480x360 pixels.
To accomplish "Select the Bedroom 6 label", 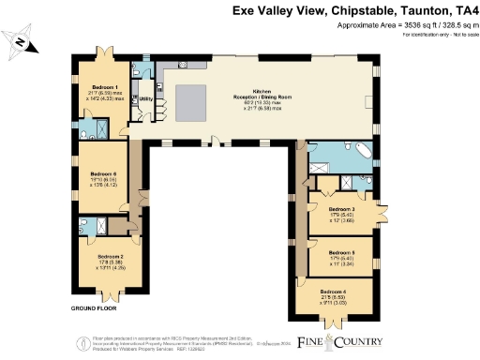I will pos(103,174).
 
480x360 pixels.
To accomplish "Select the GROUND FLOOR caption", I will pos(93,307).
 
